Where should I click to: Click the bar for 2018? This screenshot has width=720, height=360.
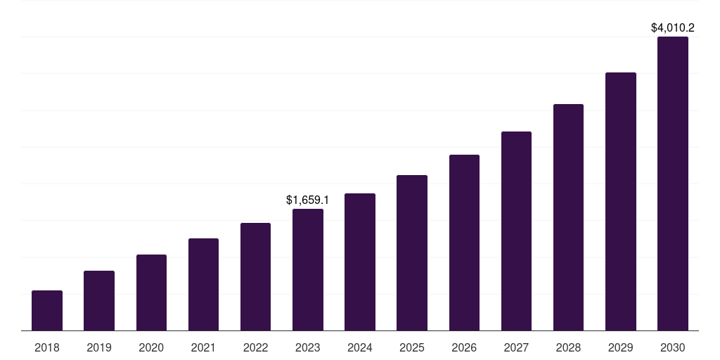point(47,310)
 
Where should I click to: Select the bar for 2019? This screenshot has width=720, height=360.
point(99,300)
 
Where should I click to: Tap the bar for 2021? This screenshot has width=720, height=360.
point(203,284)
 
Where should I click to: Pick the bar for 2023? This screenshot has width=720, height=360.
point(308,269)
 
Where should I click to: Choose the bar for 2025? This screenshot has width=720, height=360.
point(412,252)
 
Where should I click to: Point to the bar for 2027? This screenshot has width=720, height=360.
point(516,231)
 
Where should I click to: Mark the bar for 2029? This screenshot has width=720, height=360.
point(621,201)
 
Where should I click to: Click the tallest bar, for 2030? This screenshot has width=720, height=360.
point(673,184)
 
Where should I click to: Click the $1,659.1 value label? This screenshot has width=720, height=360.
point(308,200)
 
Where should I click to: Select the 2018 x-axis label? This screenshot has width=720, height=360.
point(47,347)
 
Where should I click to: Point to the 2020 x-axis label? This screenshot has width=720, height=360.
point(151,347)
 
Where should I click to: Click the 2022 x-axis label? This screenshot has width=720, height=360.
point(255,347)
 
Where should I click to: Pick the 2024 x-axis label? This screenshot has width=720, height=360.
point(360,347)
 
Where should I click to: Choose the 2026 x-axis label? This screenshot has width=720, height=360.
point(464,347)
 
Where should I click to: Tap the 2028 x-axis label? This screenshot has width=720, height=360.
point(568,347)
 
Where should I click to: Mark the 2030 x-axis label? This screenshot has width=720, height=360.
point(673,347)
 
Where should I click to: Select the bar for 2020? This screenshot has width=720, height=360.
point(151,292)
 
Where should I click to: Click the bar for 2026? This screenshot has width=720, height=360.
point(464,243)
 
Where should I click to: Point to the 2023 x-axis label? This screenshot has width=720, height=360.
point(308,347)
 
